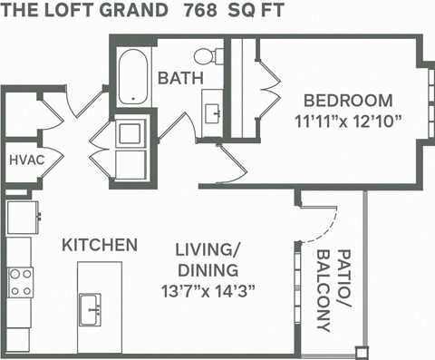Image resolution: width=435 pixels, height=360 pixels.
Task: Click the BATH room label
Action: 179,78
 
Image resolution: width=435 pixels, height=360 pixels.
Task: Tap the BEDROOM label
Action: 347,100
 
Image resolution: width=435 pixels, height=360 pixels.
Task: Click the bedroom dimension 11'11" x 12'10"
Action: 347,120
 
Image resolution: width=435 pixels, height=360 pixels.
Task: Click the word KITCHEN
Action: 100,245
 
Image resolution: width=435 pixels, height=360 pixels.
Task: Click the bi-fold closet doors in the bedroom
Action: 266,91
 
